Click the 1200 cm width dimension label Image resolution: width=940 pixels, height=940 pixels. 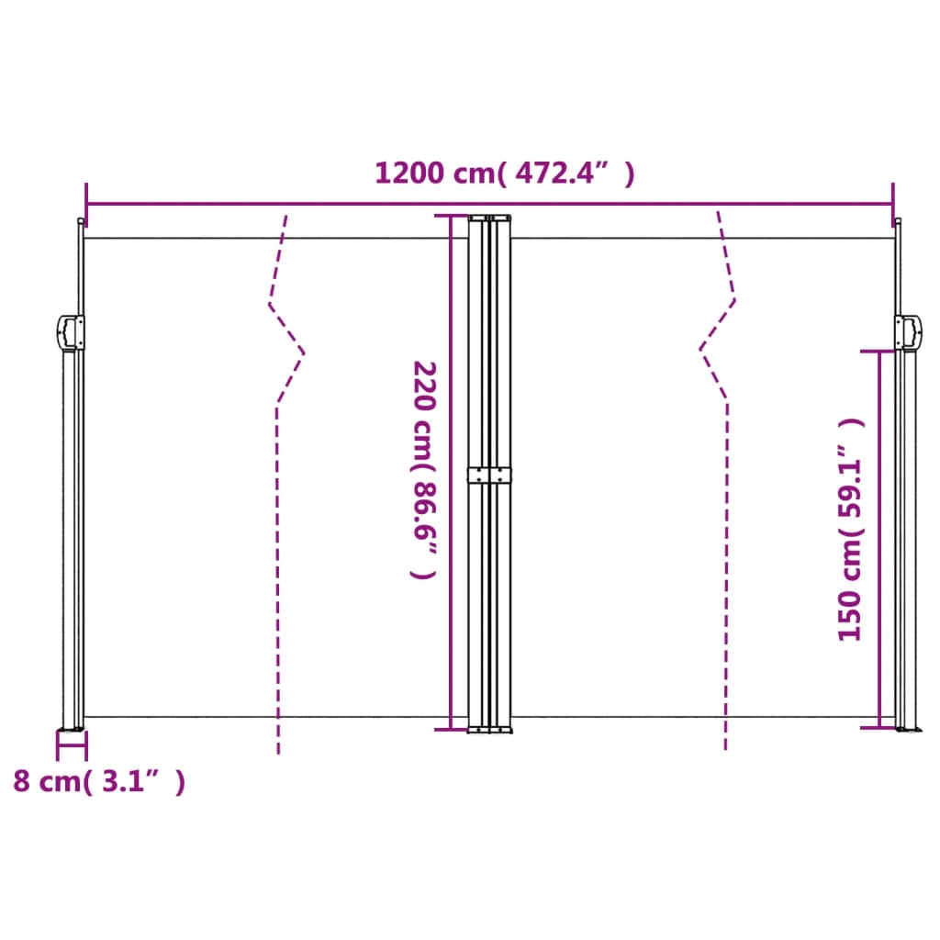coord(504,173)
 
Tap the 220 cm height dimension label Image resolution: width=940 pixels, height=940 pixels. coord(424,468)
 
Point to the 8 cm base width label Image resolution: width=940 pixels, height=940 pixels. coord(99,781)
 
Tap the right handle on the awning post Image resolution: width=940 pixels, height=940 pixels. coord(908,332)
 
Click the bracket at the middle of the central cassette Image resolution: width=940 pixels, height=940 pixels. coord(490,475)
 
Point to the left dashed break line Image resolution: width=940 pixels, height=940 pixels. coord(277,551)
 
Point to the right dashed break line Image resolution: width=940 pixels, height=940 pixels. coord(726,551)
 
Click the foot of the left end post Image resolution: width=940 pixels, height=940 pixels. coord(72,731)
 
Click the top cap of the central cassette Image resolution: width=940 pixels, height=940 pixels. coord(490,218)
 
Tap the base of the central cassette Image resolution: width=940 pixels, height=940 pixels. coord(490,730)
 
